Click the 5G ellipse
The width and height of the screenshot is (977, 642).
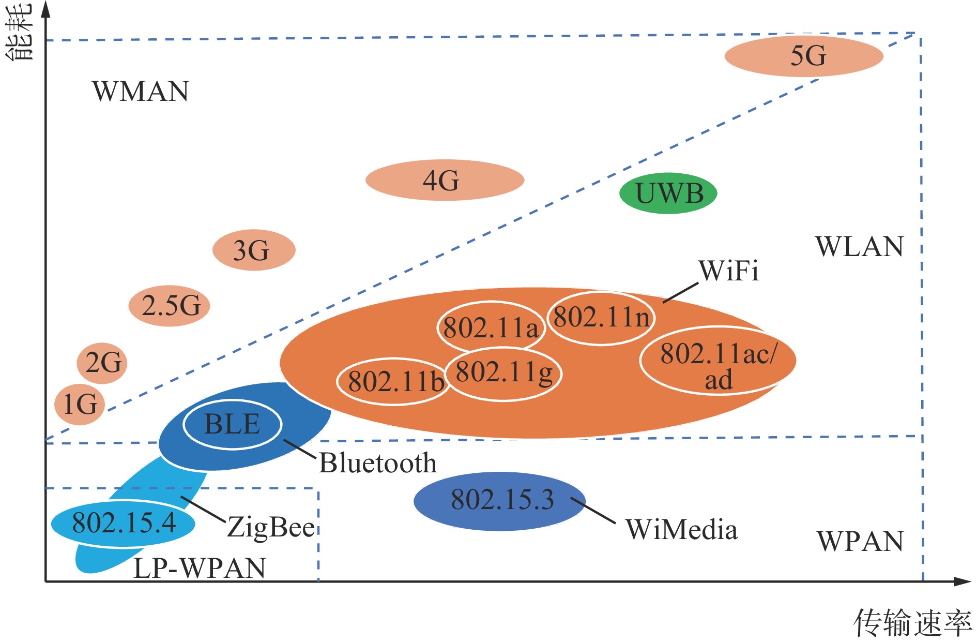(x=804, y=56)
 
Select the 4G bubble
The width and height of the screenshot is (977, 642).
(x=445, y=180)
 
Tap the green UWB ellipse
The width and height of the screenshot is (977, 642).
(x=668, y=193)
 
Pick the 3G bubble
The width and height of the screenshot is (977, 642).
(x=254, y=250)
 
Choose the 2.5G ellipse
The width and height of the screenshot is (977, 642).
(x=170, y=306)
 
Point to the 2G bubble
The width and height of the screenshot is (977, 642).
(x=102, y=363)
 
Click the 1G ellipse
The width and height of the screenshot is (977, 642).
(x=80, y=404)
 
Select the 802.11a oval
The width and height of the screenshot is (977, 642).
(x=490, y=328)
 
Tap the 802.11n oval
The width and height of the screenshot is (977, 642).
(x=601, y=317)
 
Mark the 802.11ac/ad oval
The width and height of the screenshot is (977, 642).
(x=718, y=361)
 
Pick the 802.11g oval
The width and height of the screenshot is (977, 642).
(x=504, y=372)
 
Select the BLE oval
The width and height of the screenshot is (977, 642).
(x=232, y=424)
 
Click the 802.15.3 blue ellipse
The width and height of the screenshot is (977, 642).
(x=500, y=501)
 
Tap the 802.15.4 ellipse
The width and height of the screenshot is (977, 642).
(x=123, y=523)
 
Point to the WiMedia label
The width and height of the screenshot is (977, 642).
(x=681, y=530)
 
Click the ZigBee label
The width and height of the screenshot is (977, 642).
(x=271, y=528)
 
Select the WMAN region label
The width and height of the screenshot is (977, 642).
(x=141, y=92)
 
